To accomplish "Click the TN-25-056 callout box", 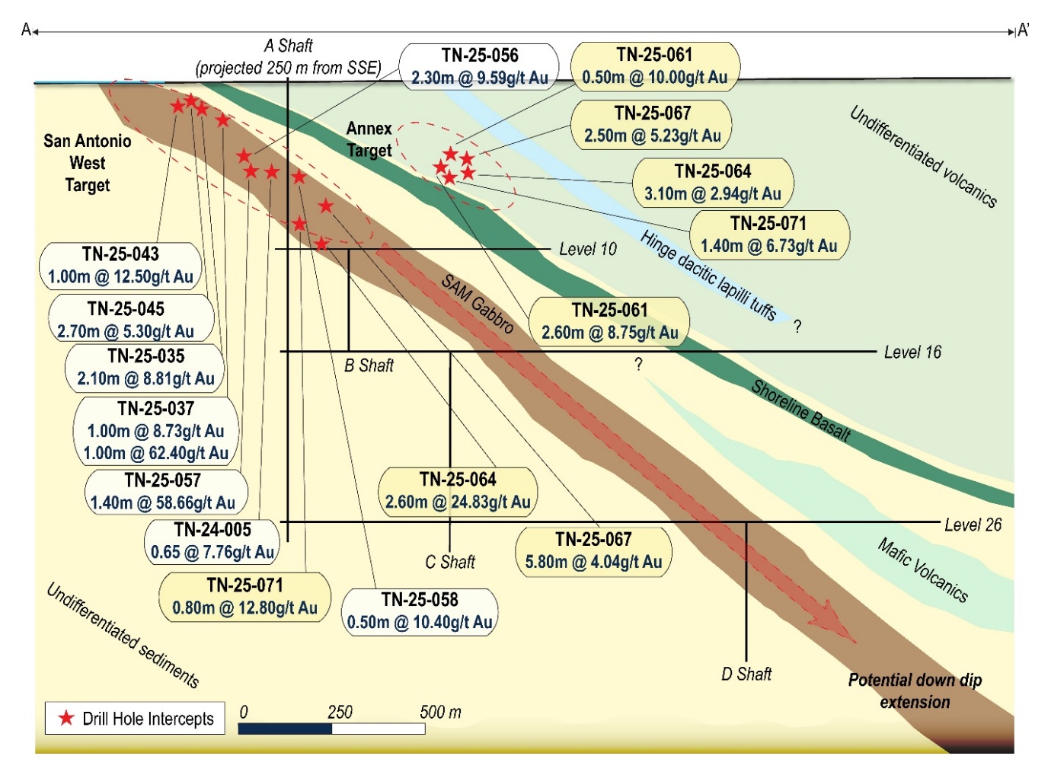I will coord(479,67).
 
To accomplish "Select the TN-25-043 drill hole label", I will coord(120,266).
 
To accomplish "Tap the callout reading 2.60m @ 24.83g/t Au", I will coord(458,491).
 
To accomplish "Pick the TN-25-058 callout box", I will coord(420,611).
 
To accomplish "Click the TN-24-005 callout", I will coord(212,541).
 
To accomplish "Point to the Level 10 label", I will coord(587,249).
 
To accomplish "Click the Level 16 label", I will coord(912,352).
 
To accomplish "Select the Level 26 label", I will coord(973,525).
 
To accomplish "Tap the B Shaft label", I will coord(369,365).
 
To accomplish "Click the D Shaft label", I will coord(746,674).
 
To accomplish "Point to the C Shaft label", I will coord(449,562).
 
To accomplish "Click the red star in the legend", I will coord(66,718).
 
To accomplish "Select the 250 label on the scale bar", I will coord(340,712).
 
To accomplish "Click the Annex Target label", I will coord(369,139).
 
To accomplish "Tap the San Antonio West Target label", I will coord(87,163).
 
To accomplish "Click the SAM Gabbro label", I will coord(478,304).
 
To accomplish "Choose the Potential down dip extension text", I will coord(915,690).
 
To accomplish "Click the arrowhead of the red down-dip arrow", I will coord(842,629).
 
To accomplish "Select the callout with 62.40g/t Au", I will coord(155,431).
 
